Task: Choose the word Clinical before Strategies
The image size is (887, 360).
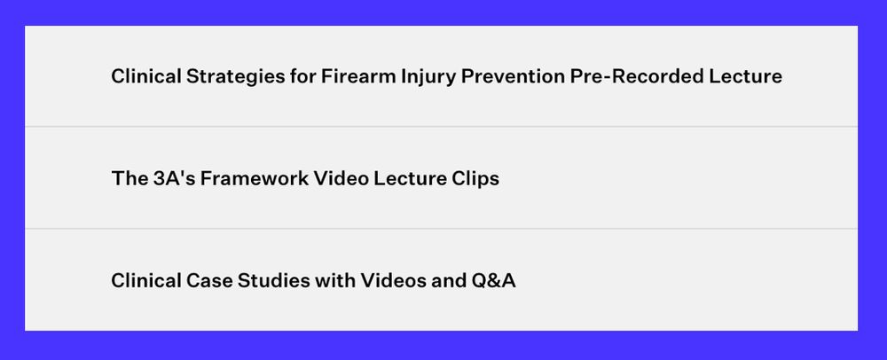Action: coord(146,75)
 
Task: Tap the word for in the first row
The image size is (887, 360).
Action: coord(303,75)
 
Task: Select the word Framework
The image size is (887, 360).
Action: coord(255,178)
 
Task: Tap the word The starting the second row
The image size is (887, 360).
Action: coord(130,178)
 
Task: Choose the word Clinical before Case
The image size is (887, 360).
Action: coord(146,279)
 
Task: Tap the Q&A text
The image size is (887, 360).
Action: coord(493,280)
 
